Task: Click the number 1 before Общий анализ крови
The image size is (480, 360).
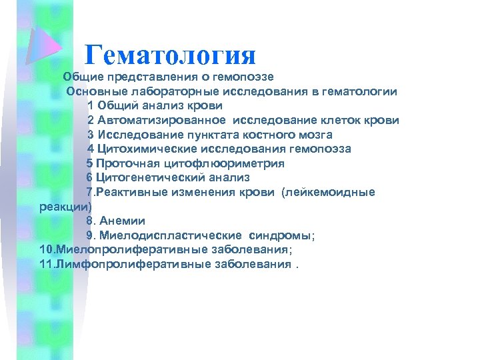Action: point(90,105)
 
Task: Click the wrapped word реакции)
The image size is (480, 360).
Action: point(61,207)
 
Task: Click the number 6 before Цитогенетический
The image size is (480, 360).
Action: point(90,177)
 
